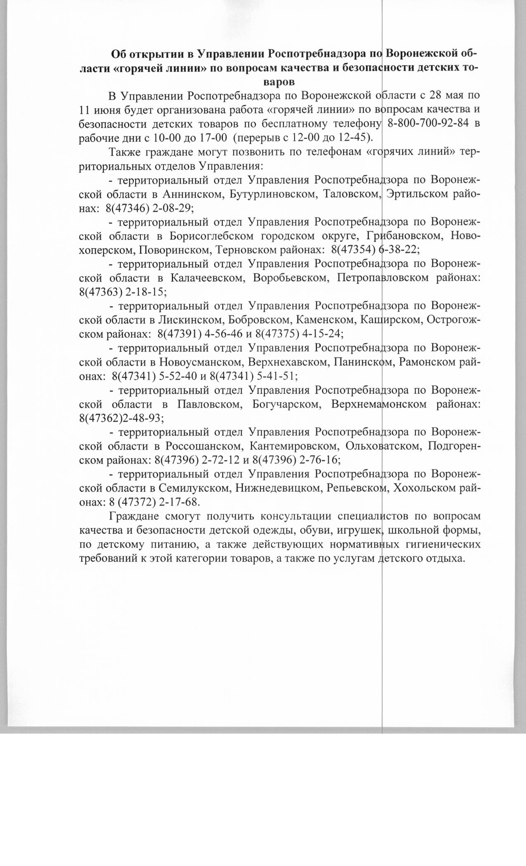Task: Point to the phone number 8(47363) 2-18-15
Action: [123, 292]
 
